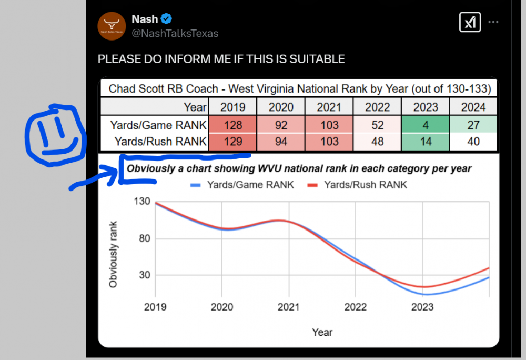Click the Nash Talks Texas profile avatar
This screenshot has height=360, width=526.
click(x=112, y=26)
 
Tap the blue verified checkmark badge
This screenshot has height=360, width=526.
click(x=167, y=19)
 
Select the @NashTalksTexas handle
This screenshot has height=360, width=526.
click(x=175, y=33)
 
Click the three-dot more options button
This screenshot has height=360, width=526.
click(x=493, y=22)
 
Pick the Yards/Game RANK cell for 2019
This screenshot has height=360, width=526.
click(x=232, y=125)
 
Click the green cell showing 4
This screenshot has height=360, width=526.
click(x=426, y=125)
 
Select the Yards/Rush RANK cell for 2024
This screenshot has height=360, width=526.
click(x=473, y=142)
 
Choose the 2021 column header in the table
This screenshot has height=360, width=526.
click(x=329, y=107)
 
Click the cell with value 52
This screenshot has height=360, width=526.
click(x=377, y=125)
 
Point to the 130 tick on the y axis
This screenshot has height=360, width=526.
click(x=142, y=202)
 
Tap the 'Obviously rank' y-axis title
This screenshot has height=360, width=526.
click(x=113, y=254)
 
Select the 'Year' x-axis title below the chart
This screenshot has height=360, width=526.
click(x=322, y=332)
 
